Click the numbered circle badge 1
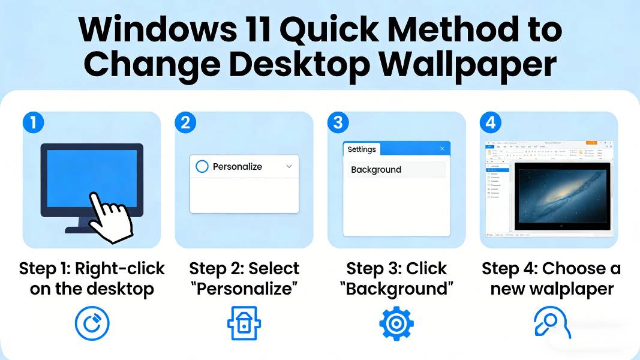click(x=34, y=123)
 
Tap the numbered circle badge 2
click(x=185, y=123)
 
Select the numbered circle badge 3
click(x=338, y=123)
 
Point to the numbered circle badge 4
click(x=490, y=123)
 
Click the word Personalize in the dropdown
click(x=238, y=166)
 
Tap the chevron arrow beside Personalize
click(x=289, y=166)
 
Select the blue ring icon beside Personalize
click(x=202, y=166)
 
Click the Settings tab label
click(x=362, y=149)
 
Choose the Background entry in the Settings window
click(x=376, y=170)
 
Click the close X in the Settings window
click(x=442, y=149)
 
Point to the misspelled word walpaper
click(x=570, y=289)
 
